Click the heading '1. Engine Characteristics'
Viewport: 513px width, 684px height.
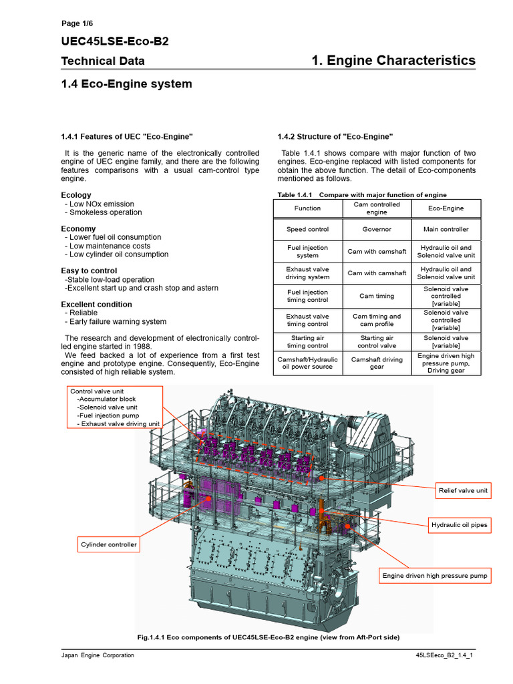point(393,61)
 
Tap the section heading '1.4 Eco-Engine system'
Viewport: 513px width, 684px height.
point(126,84)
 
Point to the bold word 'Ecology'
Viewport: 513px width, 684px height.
point(76,195)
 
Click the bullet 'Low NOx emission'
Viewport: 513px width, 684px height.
point(102,204)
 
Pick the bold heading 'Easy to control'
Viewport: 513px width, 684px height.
point(89,271)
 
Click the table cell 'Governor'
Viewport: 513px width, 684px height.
point(377,229)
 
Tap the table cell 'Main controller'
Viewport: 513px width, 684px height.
point(446,229)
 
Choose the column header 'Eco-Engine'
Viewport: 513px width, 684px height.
point(446,208)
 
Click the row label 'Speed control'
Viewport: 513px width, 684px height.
point(307,229)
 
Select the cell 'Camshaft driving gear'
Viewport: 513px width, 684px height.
point(377,363)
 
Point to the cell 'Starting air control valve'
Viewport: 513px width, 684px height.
point(377,342)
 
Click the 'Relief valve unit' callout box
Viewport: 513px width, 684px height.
point(464,491)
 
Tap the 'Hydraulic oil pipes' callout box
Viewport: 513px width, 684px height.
point(460,525)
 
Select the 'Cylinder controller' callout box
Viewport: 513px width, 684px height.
point(109,544)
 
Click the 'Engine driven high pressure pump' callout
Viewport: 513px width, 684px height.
point(435,575)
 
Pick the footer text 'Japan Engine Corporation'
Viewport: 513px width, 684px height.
point(98,655)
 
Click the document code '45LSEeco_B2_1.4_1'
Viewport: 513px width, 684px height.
point(444,655)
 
